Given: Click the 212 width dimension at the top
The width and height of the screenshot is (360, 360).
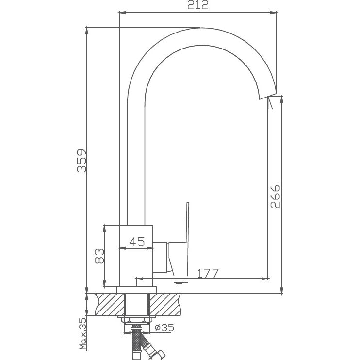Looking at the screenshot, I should pyautogui.click(x=198, y=6).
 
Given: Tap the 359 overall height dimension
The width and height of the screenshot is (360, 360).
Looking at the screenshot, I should pyautogui.click(x=83, y=160).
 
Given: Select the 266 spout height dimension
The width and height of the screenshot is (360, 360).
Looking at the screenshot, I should pyautogui.click(x=275, y=196).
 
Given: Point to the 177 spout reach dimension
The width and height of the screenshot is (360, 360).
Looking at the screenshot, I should pyautogui.click(x=208, y=273).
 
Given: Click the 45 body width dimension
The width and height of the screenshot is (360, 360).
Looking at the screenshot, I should pyautogui.click(x=137, y=242).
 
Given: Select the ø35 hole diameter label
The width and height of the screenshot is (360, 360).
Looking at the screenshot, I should pyautogui.click(x=165, y=327).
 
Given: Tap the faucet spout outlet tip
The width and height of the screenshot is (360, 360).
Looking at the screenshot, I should pyautogui.click(x=268, y=95).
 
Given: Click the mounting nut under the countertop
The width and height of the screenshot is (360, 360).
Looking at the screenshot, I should pyautogui.click(x=137, y=320).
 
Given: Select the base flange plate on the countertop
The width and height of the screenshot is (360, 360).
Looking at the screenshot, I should pyautogui.click(x=137, y=290).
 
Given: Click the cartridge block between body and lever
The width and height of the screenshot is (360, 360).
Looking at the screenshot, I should pyautogui.click(x=161, y=257).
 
